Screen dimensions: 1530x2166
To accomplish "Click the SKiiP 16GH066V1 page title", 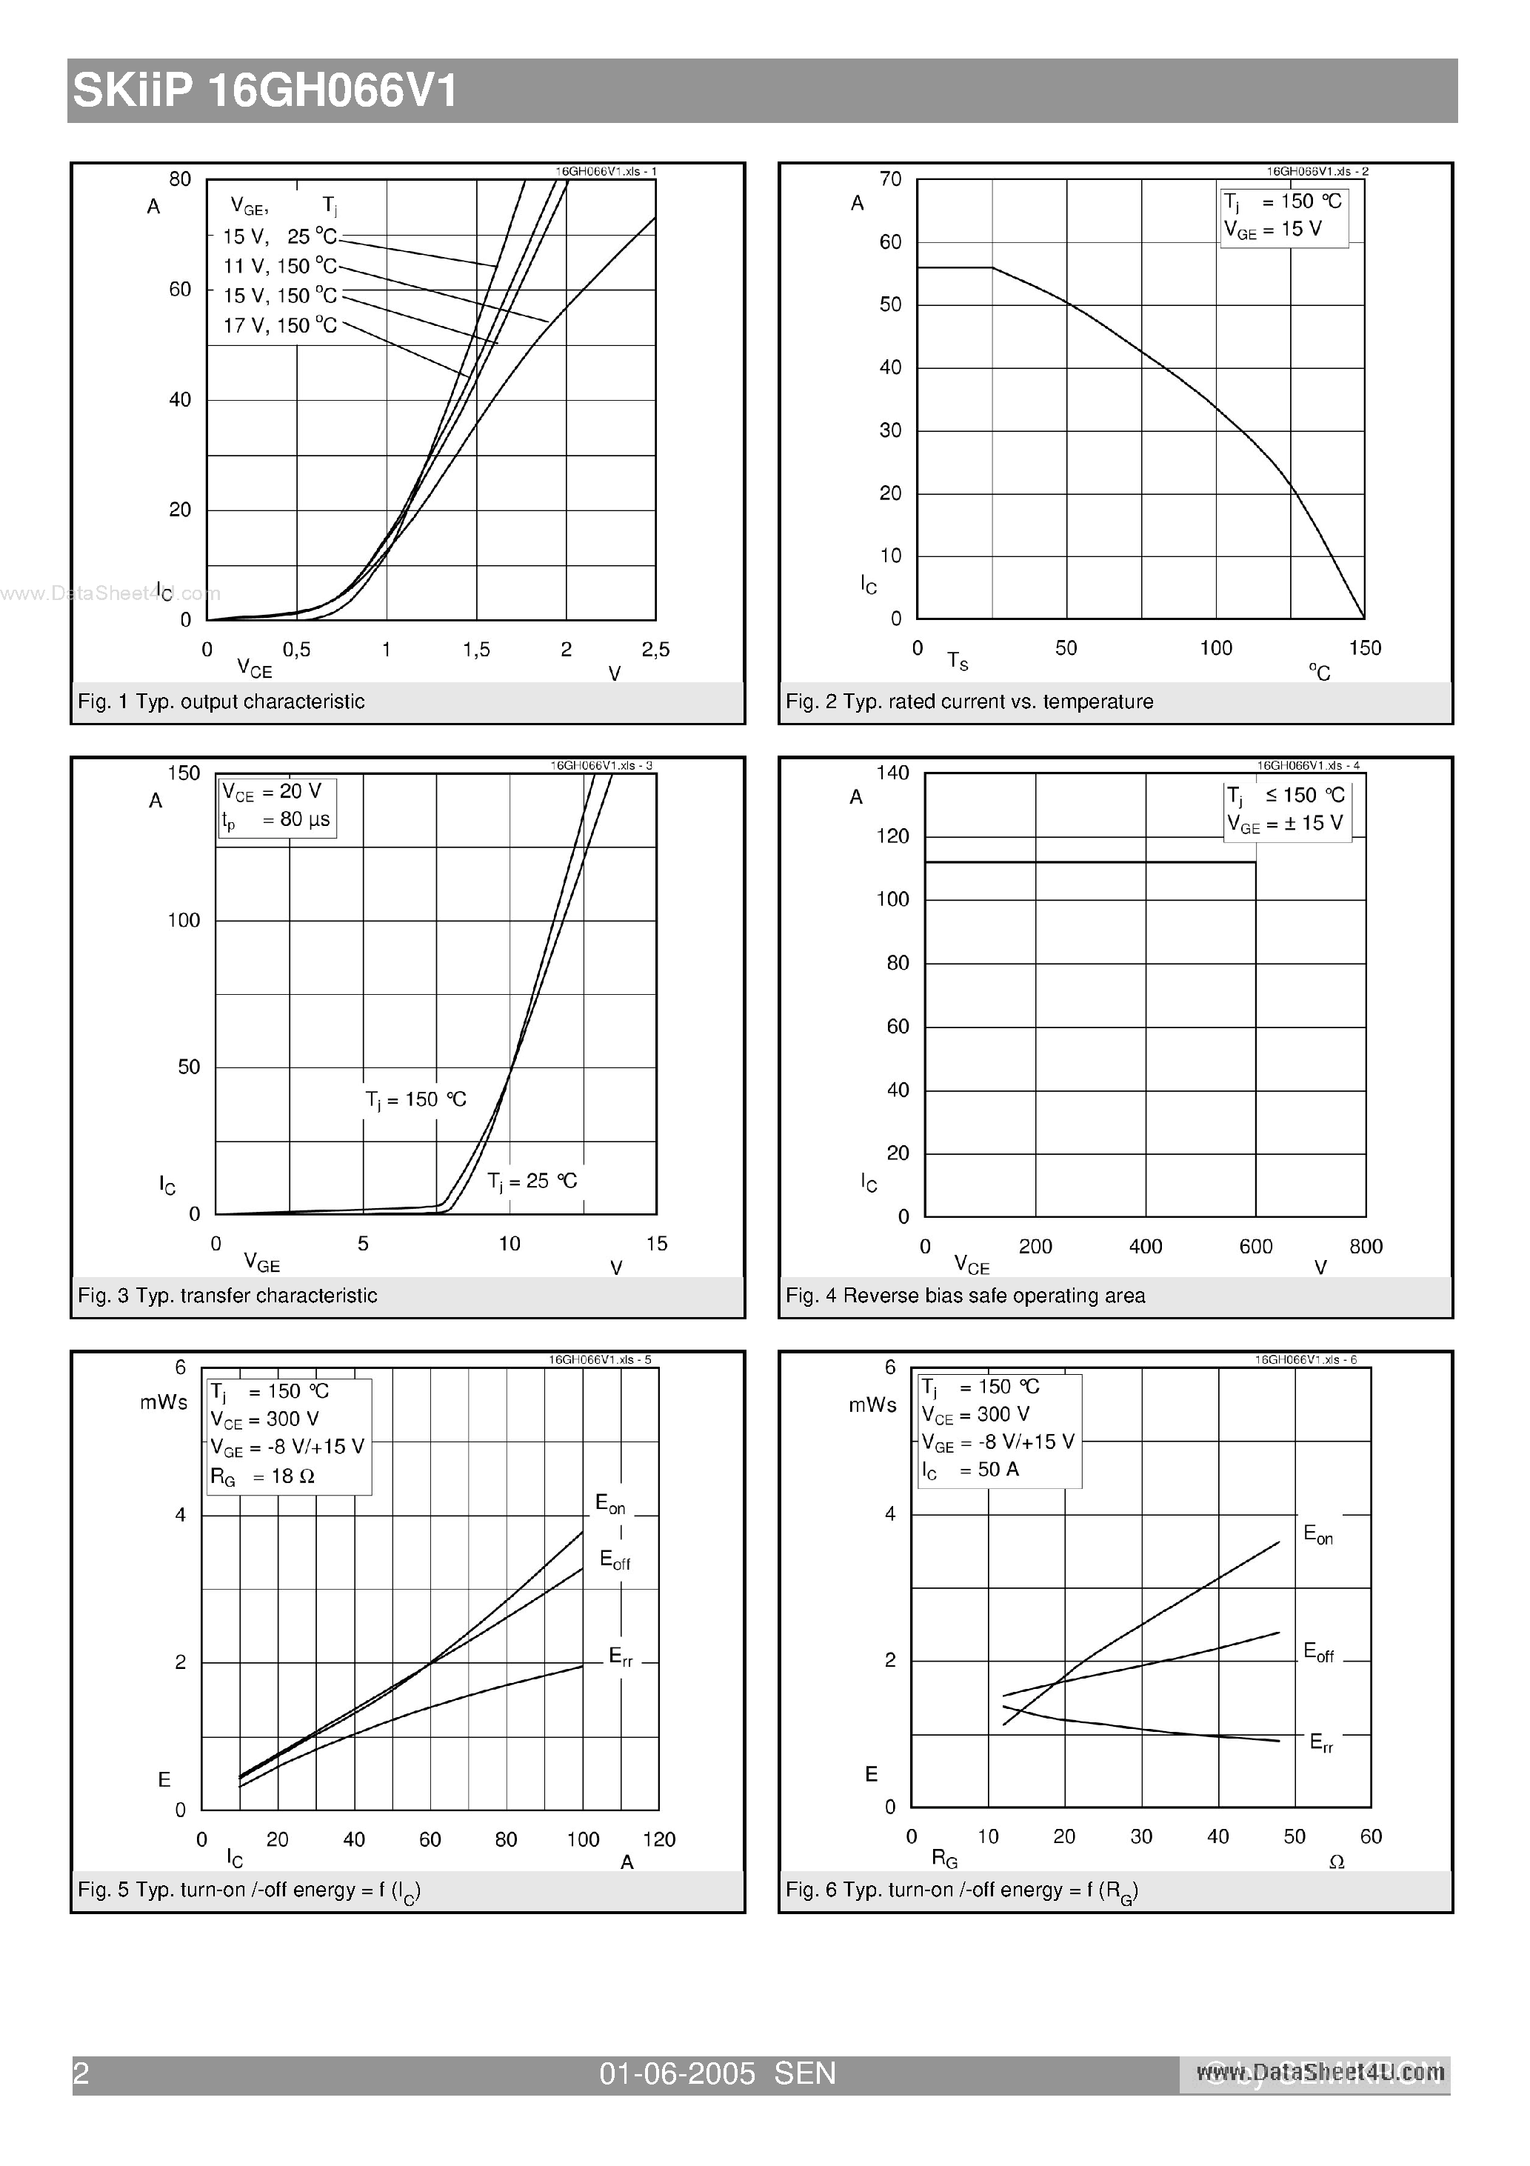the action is click(x=265, y=92).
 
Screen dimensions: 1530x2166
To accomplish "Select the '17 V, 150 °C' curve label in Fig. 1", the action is click(x=280, y=325).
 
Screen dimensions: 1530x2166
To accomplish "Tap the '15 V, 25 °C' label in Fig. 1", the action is click(x=280, y=237).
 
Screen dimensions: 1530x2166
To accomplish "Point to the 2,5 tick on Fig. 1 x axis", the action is click(x=655, y=649).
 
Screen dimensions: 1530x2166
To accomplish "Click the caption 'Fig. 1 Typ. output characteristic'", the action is click(x=221, y=702).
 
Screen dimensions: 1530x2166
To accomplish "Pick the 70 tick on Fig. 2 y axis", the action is click(x=890, y=179).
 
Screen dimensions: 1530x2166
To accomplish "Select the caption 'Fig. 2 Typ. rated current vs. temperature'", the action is click(x=969, y=702).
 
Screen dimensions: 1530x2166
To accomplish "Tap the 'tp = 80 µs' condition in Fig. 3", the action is click(x=276, y=820).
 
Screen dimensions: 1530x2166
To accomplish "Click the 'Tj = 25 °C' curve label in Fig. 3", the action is click(x=532, y=1181).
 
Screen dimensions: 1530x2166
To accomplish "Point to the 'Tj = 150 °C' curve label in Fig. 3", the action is click(x=416, y=1100).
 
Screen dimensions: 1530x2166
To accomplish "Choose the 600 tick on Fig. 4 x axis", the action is click(x=1255, y=1246).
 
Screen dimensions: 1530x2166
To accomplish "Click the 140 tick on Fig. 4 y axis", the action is click(x=892, y=773).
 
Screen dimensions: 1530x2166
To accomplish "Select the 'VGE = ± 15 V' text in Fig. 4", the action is click(x=1285, y=824).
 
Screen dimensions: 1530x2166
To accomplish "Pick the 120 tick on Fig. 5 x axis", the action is click(x=658, y=1839).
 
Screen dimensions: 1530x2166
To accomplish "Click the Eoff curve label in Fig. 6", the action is click(x=1317, y=1652).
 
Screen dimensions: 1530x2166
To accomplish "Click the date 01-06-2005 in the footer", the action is click(x=678, y=2073).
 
